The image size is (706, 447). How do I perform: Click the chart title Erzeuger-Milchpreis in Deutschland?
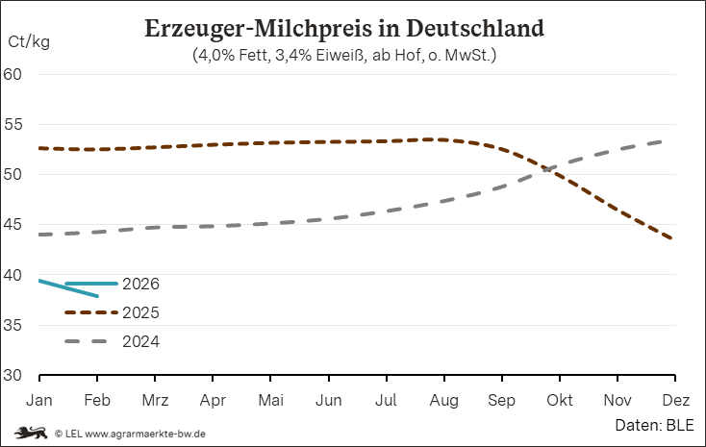coord(343,27)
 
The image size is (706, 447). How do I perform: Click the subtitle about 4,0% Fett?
coord(343,55)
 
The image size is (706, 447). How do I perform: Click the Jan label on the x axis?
coord(39,398)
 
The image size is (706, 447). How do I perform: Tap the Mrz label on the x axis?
coord(156,398)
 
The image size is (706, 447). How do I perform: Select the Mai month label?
coord(271,398)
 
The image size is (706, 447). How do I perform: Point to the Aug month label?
coord(444,398)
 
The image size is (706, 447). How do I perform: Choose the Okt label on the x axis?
coord(560,398)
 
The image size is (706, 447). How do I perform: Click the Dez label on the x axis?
coord(674,398)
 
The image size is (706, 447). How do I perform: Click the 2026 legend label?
coord(140,285)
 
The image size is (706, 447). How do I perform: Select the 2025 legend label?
coord(140,313)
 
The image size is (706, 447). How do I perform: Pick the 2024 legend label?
coord(140,342)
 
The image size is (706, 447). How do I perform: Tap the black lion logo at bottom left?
coord(26,433)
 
